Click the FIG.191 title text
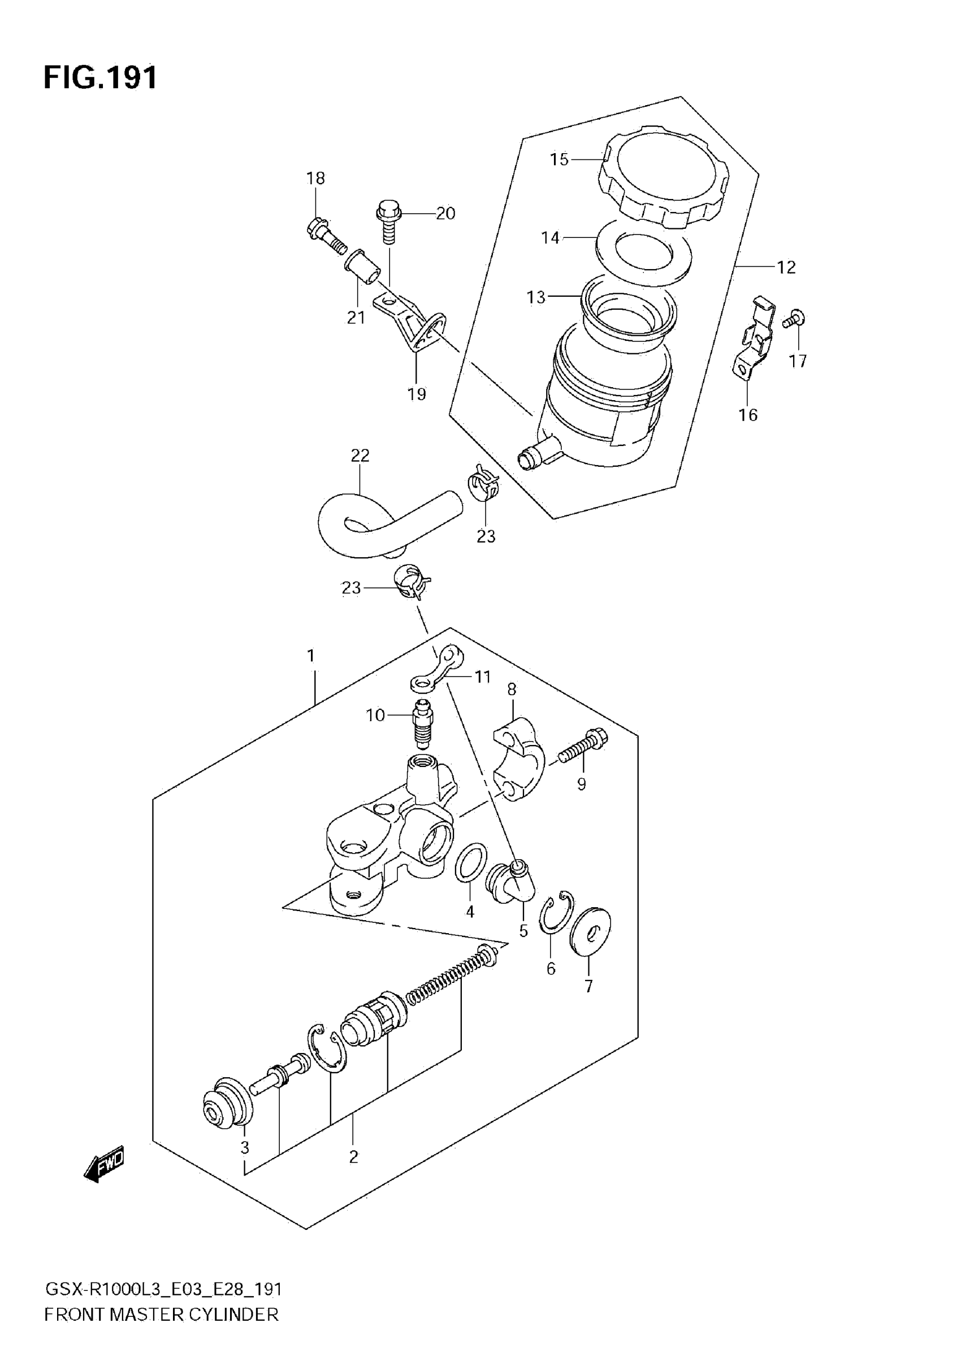tap(101, 77)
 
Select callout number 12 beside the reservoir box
tap(786, 268)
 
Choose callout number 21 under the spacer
tap(356, 318)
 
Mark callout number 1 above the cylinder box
tap(311, 656)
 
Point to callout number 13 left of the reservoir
tap(535, 297)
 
